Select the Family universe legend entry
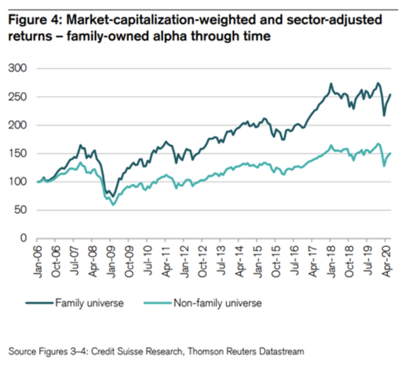pos(89,303)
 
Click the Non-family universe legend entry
pos(217,303)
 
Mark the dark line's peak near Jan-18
pos(330,84)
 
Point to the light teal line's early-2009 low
pos(113,205)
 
